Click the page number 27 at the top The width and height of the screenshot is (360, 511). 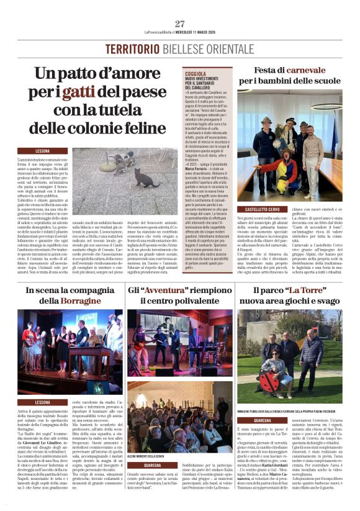click(x=180, y=24)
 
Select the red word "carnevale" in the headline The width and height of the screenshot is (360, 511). click(x=302, y=71)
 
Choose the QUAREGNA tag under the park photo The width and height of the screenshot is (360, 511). click(x=263, y=420)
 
